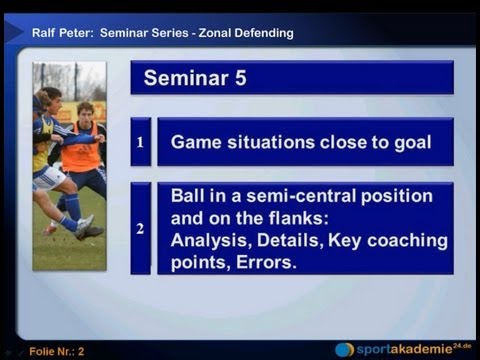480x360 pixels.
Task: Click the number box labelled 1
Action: (x=140, y=142)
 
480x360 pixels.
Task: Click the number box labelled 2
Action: (x=140, y=228)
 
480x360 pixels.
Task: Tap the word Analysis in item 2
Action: (x=208, y=240)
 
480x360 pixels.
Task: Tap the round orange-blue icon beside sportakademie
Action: (x=344, y=349)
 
